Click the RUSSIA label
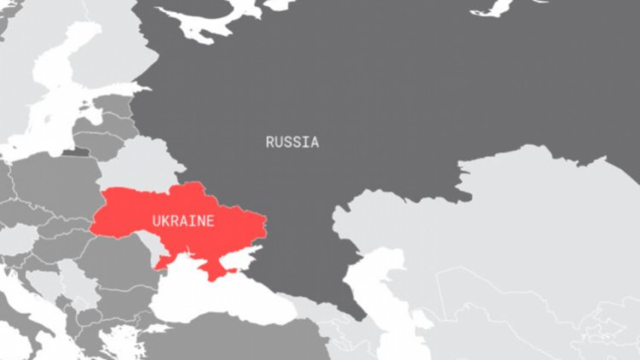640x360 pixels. click(x=292, y=142)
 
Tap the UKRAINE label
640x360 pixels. click(x=183, y=221)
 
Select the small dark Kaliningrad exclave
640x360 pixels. click(x=75, y=152)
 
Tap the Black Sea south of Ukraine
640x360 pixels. click(x=217, y=295)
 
